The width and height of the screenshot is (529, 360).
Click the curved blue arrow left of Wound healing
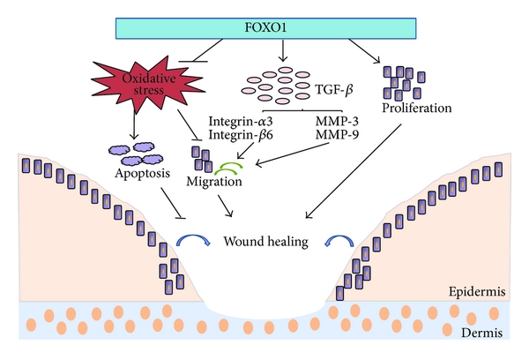coord(193,239)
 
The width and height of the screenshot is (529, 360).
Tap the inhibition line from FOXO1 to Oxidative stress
coord(202,53)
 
